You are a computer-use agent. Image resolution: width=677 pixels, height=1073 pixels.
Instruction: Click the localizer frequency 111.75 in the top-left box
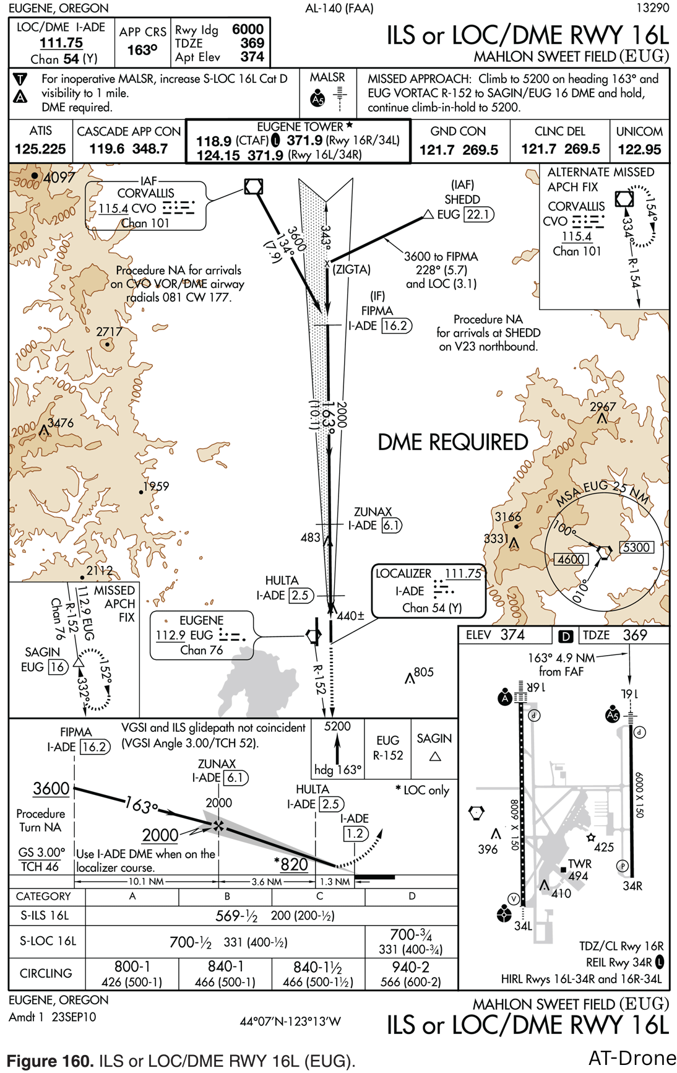click(x=61, y=43)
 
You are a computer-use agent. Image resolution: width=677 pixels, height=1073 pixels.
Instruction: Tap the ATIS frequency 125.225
click(x=40, y=149)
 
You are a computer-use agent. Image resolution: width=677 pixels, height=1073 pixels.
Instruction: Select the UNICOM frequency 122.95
click(x=640, y=149)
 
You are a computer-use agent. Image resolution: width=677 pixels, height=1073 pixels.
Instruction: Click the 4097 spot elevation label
click(x=59, y=178)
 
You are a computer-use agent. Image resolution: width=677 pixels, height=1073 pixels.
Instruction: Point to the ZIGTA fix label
click(x=351, y=269)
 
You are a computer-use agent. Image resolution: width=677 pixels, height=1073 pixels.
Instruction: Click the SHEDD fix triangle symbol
click(x=428, y=214)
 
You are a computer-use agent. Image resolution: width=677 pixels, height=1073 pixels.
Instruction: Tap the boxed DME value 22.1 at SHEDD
click(x=478, y=214)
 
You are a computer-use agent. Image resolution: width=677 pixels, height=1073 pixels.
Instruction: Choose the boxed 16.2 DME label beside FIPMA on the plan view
click(x=396, y=326)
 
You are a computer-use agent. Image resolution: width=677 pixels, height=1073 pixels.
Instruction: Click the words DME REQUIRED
click(x=453, y=442)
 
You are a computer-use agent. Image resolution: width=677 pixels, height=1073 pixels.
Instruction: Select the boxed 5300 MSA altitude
click(x=636, y=547)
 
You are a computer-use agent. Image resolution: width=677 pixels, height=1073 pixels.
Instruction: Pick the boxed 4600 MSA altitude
click(x=571, y=559)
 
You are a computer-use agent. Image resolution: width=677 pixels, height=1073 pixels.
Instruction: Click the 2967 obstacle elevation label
click(x=603, y=407)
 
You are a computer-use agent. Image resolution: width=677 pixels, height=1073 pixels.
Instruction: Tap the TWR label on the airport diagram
click(x=580, y=864)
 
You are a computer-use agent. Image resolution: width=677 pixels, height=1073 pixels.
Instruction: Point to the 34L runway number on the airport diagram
click(x=523, y=926)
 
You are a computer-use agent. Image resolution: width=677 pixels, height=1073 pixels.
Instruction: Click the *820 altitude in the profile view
click(x=291, y=864)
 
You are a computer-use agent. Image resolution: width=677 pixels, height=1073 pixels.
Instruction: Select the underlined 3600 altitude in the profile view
click(x=51, y=789)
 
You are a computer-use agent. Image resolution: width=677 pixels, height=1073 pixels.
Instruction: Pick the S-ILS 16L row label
click(x=45, y=916)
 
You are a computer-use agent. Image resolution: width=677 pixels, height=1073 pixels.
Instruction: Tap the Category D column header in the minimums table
click(x=412, y=896)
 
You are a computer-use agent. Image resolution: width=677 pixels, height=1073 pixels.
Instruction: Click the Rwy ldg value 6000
click(x=248, y=29)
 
